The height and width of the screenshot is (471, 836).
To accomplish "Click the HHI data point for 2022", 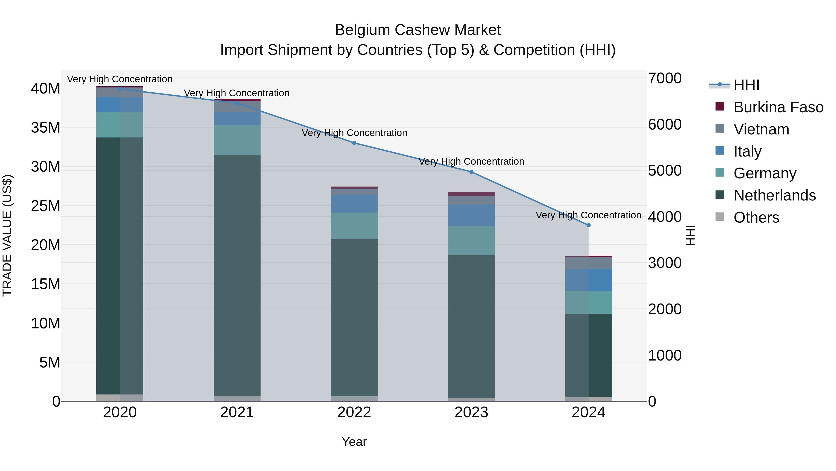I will (x=354, y=143).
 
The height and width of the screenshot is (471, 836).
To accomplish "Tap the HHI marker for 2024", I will (x=588, y=225).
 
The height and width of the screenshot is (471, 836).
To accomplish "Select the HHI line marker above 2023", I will (x=471, y=172).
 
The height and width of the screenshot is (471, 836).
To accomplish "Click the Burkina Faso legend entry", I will (x=778, y=107).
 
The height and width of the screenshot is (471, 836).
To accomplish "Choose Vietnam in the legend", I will (x=761, y=129).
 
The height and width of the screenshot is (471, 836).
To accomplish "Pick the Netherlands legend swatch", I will (x=719, y=195).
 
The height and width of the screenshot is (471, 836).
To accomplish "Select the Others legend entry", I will (x=756, y=217).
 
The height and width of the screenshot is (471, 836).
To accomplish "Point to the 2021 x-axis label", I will (x=237, y=412).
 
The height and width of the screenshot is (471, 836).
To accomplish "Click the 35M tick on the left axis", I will (x=46, y=127).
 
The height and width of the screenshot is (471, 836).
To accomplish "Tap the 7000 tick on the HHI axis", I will (x=665, y=78).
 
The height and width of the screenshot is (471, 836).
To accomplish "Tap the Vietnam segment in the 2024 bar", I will (x=588, y=263).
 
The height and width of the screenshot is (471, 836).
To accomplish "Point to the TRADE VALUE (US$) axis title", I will (x=7, y=235).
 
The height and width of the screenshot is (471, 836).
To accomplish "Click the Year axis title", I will (x=354, y=442).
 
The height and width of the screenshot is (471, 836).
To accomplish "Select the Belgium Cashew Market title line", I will (x=418, y=30).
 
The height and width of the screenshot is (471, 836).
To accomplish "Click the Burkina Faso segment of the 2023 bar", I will (x=471, y=194).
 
